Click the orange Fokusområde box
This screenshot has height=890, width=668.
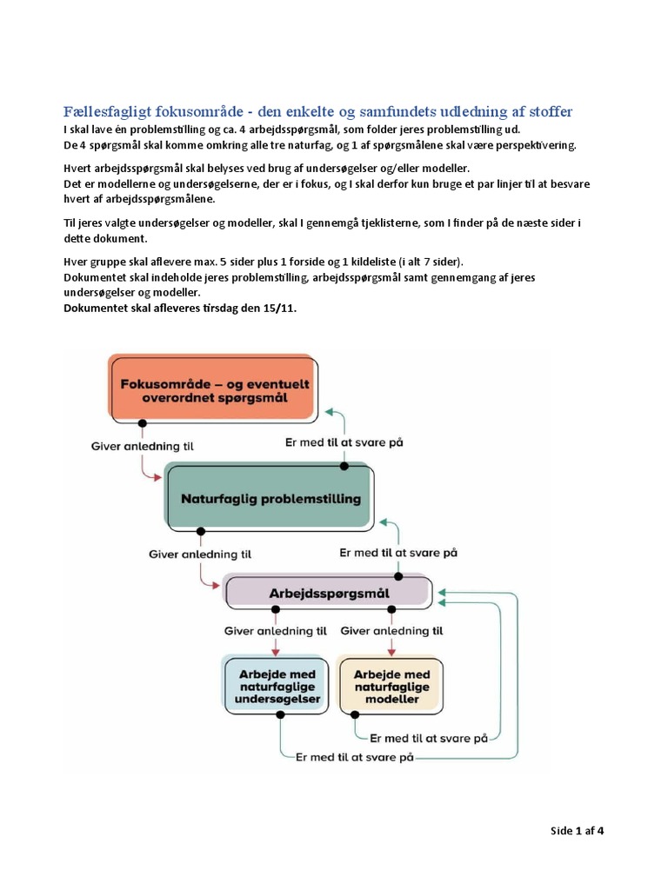click(x=212, y=389)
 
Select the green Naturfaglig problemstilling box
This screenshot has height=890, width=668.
click(x=269, y=497)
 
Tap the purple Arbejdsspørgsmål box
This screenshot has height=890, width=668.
click(x=328, y=592)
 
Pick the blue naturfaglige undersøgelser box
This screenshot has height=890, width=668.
click(x=276, y=685)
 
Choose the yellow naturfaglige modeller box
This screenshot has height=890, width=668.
click(x=391, y=686)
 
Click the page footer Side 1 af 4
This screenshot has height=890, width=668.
click(x=577, y=830)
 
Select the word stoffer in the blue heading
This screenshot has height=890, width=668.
click(x=551, y=111)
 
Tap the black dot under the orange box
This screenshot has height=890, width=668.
click(x=143, y=423)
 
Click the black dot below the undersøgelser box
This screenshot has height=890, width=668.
click(x=280, y=714)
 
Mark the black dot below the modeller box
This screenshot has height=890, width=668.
click(x=355, y=714)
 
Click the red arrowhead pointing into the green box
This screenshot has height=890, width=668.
click(x=158, y=477)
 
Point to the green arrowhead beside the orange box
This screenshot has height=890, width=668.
click(x=329, y=411)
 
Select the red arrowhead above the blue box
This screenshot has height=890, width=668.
click(x=276, y=652)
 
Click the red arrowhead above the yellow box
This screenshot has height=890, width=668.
click(x=391, y=652)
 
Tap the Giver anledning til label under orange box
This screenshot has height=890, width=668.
click(x=142, y=446)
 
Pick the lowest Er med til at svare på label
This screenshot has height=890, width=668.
click(x=355, y=757)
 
